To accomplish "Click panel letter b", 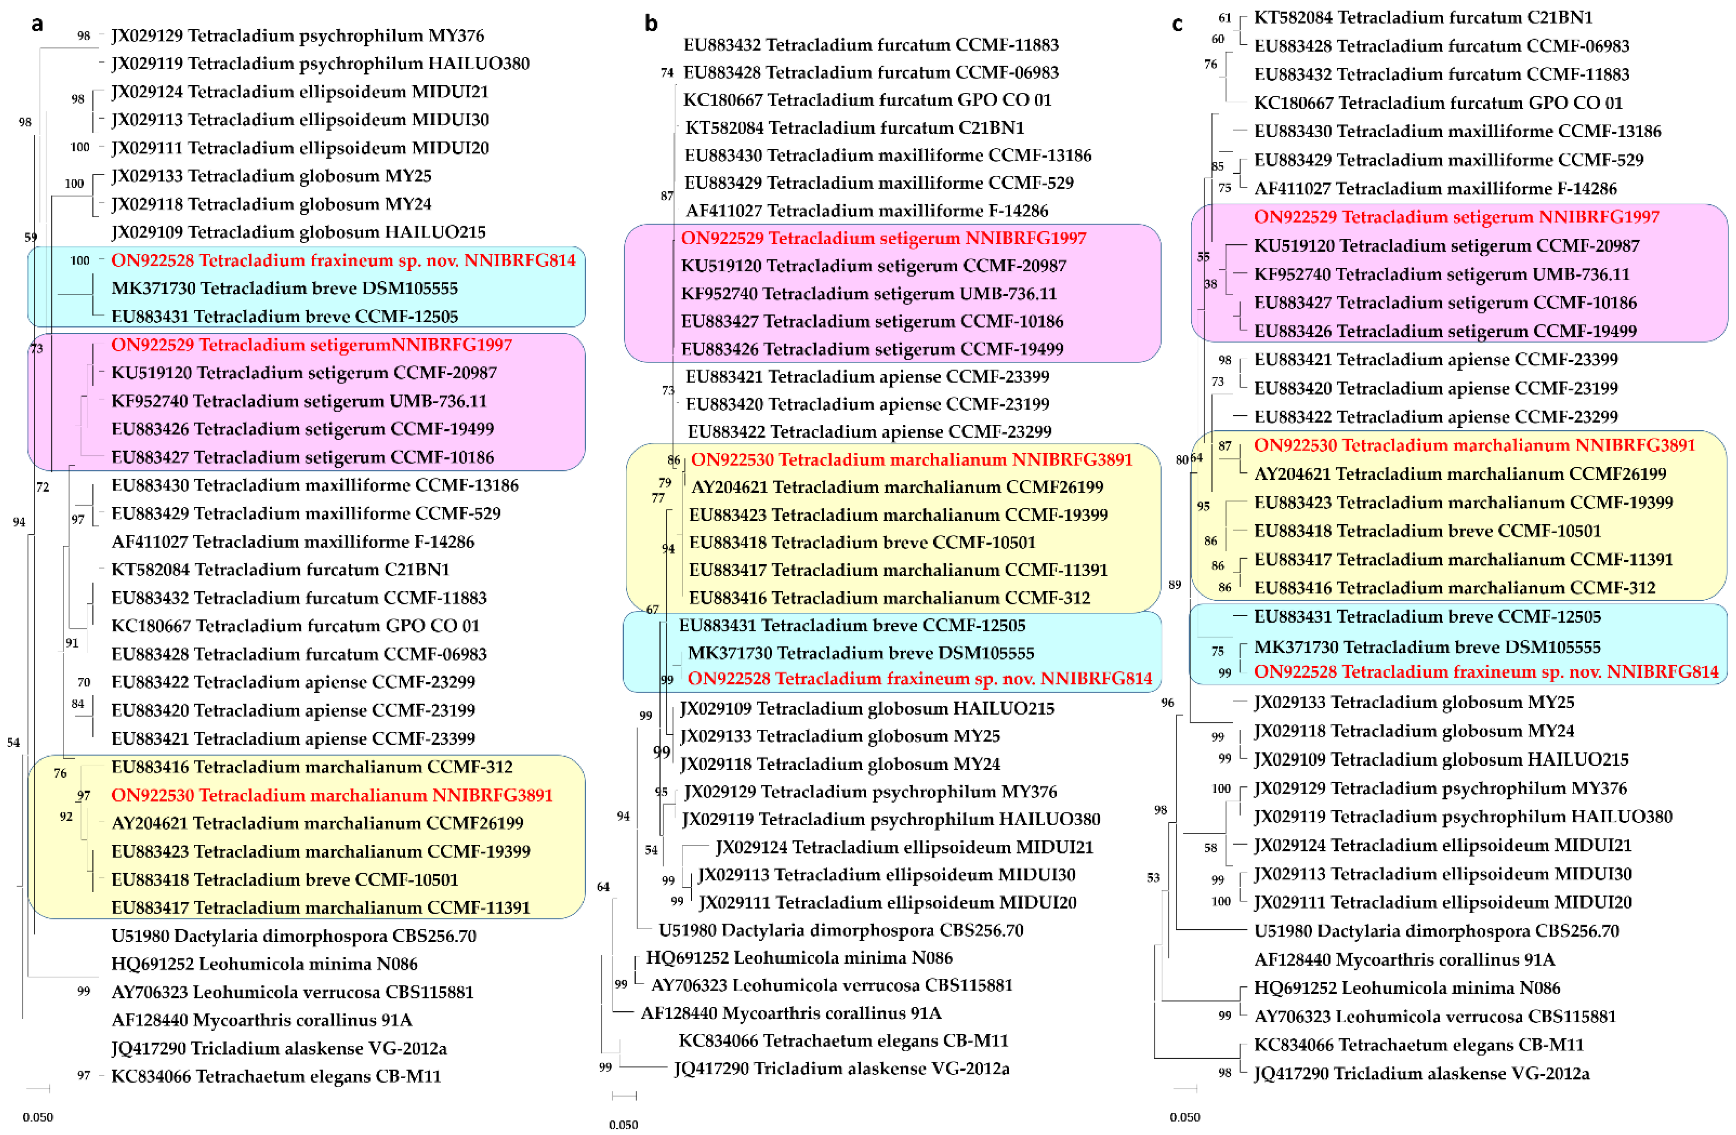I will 651,25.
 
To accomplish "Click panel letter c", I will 1177,25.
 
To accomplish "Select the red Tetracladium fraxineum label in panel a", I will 343,260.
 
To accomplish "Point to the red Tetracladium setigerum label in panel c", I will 1456,217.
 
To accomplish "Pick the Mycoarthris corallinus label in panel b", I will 791,1013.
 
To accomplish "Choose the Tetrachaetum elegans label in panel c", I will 1418,1045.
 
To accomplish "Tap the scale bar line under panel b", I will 624,1096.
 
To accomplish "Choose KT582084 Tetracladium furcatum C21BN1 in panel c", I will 1423,17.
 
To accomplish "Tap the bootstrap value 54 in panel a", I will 13,743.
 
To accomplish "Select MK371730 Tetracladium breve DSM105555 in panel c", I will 1427,647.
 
